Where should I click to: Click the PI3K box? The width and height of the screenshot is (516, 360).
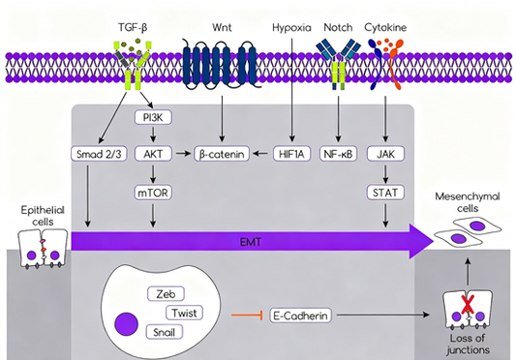tap(152, 117)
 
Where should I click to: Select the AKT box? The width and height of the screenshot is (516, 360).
tap(152, 153)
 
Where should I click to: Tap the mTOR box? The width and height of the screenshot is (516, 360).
tap(152, 191)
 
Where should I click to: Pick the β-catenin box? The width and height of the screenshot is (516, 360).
tap(222, 153)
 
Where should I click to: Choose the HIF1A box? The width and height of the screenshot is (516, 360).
tap(288, 153)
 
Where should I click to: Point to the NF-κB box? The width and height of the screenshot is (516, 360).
tap(338, 153)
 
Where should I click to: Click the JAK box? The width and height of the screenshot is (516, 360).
tap(387, 153)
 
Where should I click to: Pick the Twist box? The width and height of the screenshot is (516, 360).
tap(184, 313)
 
